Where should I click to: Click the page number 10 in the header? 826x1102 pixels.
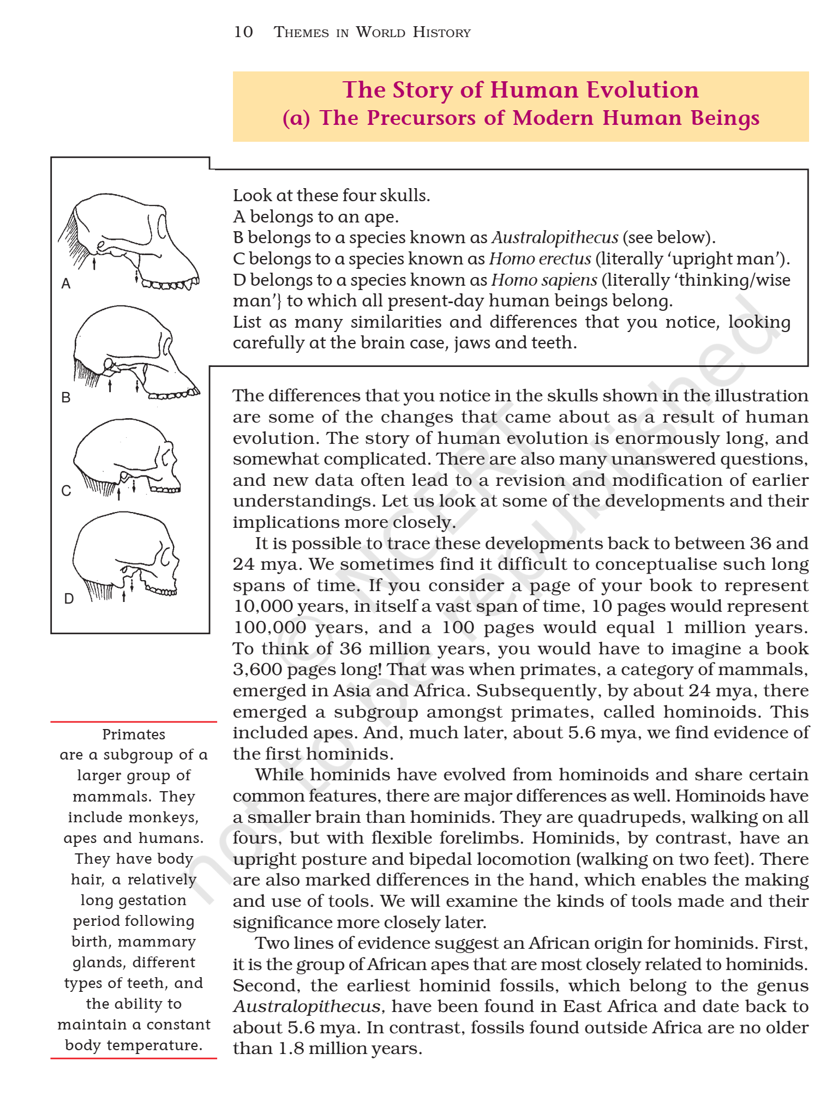click(243, 32)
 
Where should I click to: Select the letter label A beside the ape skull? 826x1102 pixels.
click(66, 284)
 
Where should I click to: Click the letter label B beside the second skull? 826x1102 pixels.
click(66, 398)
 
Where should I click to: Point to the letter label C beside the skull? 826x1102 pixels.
click(66, 491)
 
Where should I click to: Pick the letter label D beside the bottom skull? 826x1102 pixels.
click(69, 599)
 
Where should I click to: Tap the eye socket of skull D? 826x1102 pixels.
click(165, 556)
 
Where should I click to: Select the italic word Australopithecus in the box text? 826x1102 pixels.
click(555, 238)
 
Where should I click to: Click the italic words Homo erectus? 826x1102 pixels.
click(540, 258)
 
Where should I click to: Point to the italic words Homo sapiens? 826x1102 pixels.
click(544, 280)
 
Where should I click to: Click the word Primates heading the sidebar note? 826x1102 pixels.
click(134, 734)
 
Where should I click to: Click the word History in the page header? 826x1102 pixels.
click(441, 32)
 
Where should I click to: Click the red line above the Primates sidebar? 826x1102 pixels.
click(134, 721)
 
